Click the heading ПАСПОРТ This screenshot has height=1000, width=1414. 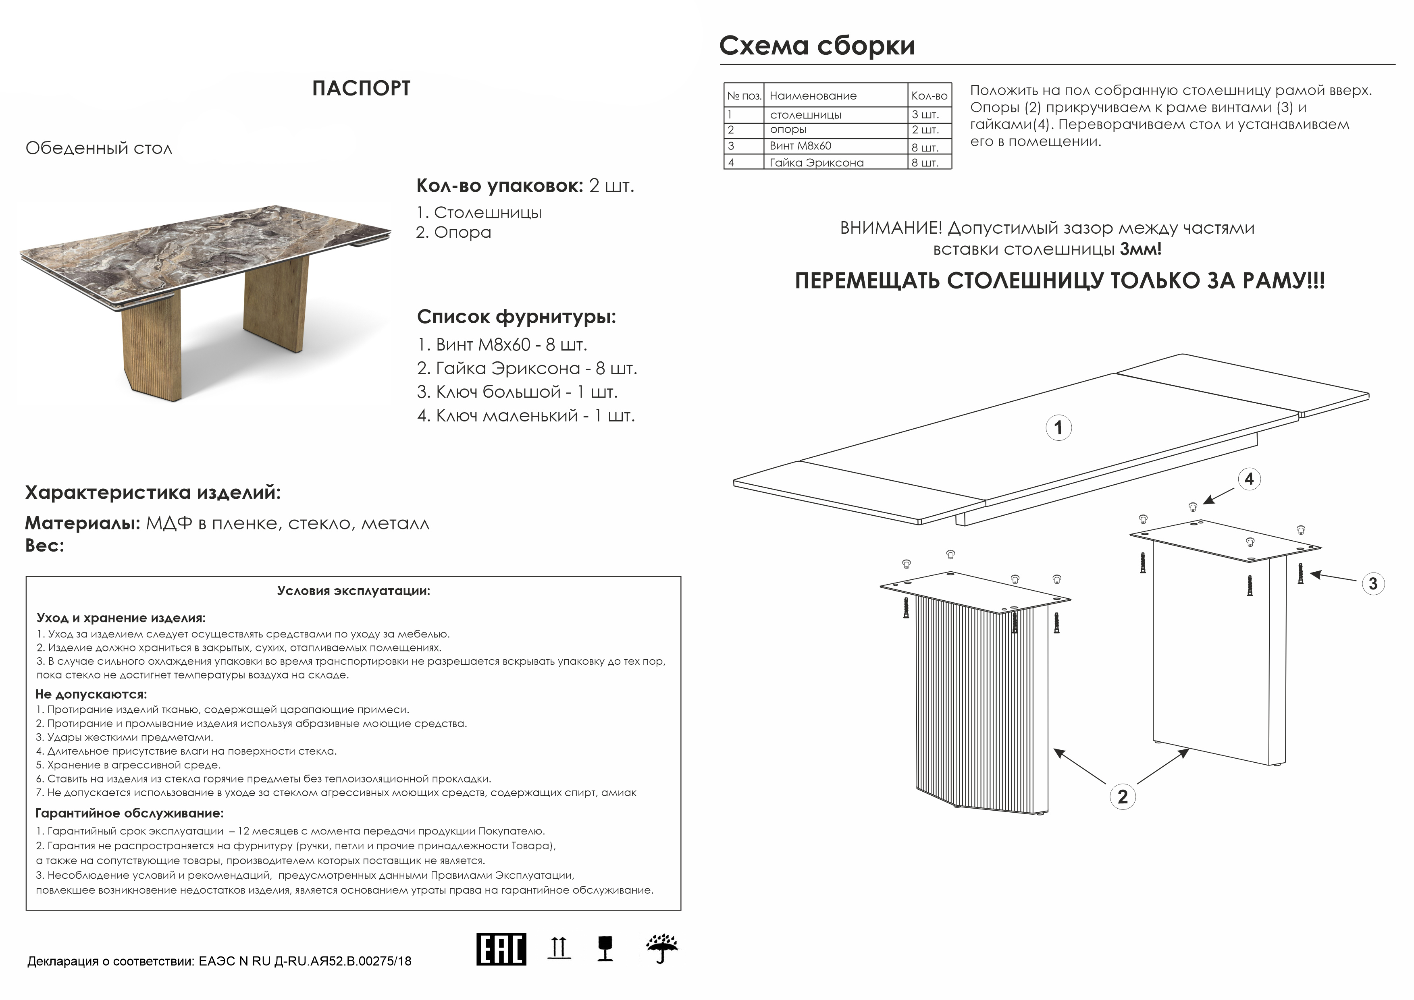pos(361,89)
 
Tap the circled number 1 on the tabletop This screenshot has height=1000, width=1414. pos(1058,428)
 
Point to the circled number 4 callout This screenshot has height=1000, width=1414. pos(1248,479)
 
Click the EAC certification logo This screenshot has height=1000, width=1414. pos(501,949)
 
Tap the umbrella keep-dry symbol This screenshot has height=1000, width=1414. pos(662,949)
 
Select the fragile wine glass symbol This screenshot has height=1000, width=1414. pos(605,949)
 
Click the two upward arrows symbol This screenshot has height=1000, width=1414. pos(559,948)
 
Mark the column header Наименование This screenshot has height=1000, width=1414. pos(813,96)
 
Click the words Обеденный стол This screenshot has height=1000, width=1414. pos(98,148)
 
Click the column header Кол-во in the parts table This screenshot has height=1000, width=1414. pos(929,96)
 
